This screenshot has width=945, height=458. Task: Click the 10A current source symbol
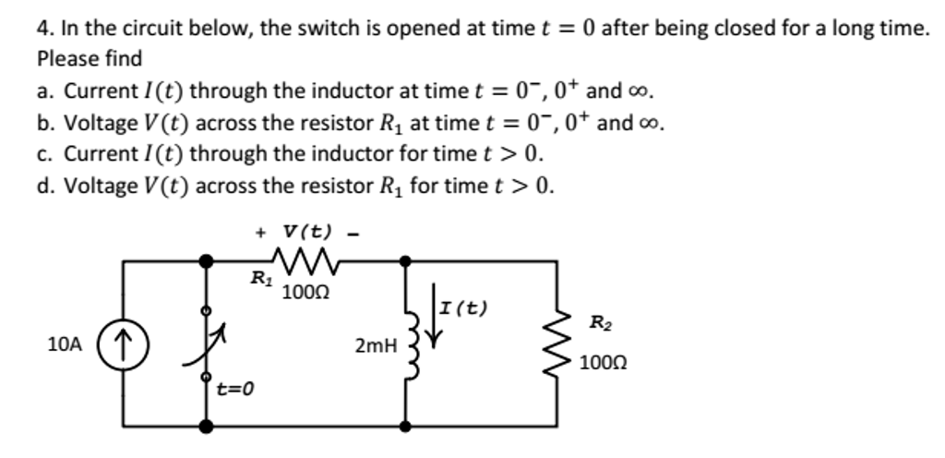pos(125,345)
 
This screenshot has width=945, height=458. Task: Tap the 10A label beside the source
pos(65,344)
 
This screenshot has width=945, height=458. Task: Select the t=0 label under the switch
pos(234,389)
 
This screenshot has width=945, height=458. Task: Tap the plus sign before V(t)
pos(261,231)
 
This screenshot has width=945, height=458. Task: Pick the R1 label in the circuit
pos(261,277)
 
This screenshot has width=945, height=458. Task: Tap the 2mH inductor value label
pos(375,347)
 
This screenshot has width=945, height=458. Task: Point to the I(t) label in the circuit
pos(464,307)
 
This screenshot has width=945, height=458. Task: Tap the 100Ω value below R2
pos(602,363)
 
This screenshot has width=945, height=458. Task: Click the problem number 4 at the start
pos(42,29)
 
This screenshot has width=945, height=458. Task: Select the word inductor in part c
pos(300,152)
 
